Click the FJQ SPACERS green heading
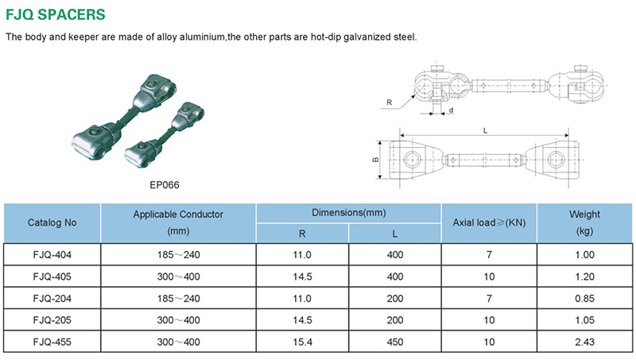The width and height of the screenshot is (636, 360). click(x=56, y=14)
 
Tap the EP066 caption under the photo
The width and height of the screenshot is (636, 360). click(x=165, y=185)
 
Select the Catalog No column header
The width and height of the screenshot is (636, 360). click(x=52, y=223)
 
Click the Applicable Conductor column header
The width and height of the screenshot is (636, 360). click(x=178, y=223)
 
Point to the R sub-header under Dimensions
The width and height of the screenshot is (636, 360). click(x=302, y=234)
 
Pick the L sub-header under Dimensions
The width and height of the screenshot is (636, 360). click(x=394, y=234)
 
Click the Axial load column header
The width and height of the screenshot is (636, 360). click(x=489, y=223)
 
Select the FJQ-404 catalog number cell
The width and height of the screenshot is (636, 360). click(x=52, y=254)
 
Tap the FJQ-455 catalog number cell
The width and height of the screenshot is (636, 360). click(x=52, y=342)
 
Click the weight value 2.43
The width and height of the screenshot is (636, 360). click(x=584, y=342)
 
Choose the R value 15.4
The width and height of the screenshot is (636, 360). click(x=302, y=342)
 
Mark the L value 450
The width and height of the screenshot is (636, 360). click(x=395, y=342)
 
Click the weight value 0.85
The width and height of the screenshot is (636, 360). click(x=584, y=298)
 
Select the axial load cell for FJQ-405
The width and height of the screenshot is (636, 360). click(x=489, y=277)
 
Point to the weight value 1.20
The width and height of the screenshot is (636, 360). click(x=584, y=277)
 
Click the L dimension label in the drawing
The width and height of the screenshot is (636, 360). click(x=485, y=130)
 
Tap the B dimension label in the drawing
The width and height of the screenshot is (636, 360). click(x=375, y=160)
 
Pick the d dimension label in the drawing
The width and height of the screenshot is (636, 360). click(x=451, y=110)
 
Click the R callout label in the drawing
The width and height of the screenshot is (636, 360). click(x=390, y=103)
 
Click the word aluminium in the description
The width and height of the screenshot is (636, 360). click(x=202, y=37)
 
